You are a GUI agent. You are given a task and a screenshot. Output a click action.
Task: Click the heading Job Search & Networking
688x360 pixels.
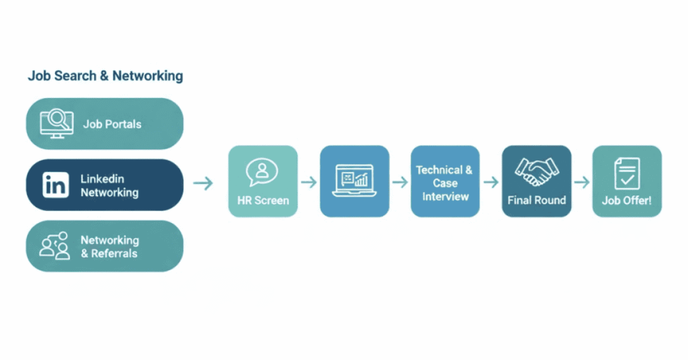tap(105, 76)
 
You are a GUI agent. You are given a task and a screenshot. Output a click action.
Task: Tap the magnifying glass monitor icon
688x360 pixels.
tap(56, 123)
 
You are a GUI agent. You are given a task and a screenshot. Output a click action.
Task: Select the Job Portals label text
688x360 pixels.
tap(112, 124)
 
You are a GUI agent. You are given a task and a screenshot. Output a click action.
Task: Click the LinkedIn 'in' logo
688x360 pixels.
tap(55, 185)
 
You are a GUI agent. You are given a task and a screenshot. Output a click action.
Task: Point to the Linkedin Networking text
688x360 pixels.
tap(110, 185)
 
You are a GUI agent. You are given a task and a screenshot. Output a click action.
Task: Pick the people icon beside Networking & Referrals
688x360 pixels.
tap(54, 246)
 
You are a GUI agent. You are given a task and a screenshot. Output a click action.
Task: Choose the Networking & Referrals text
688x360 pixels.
tap(110, 246)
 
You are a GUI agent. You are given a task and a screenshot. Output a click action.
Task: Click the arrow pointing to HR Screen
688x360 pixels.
tap(203, 182)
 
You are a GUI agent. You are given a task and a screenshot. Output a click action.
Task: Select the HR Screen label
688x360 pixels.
tap(263, 200)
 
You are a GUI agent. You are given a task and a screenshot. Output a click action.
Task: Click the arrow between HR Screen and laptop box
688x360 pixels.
tap(308, 182)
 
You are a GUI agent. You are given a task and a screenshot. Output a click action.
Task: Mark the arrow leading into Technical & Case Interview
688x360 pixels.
tap(400, 182)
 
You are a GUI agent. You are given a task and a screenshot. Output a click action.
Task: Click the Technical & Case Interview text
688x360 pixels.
tap(445, 183)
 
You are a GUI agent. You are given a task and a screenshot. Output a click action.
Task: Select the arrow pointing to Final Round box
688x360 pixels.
tap(490, 182)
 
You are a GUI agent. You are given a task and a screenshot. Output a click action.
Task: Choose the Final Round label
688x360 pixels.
tap(536, 200)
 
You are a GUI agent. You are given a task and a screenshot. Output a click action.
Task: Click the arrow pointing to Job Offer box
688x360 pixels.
tap(582, 182)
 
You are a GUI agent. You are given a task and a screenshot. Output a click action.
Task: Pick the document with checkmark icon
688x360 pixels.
tap(627, 173)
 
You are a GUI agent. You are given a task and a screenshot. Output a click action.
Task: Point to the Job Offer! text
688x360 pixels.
tap(627, 200)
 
